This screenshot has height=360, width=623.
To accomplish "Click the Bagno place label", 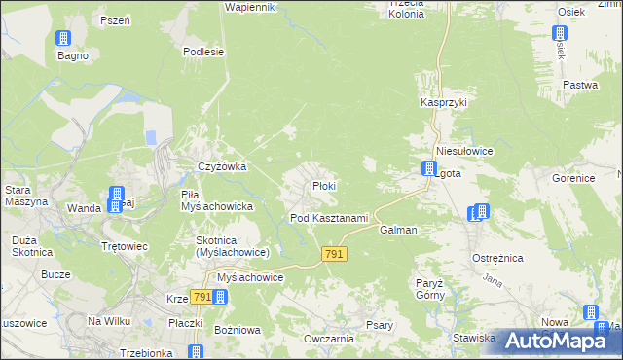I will pyautogui.click(x=72, y=55).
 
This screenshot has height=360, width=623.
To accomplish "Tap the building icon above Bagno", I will pyautogui.click(x=64, y=39).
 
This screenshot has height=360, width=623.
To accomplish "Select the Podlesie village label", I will pyautogui.click(x=204, y=53).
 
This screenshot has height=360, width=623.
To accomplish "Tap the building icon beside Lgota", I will pyautogui.click(x=428, y=169).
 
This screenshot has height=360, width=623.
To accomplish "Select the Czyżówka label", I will pyautogui.click(x=222, y=166).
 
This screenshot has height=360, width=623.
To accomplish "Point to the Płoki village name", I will pyautogui.click(x=324, y=186).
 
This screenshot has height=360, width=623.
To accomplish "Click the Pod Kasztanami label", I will pyautogui.click(x=329, y=218).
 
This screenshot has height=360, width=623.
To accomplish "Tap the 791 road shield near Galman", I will pyautogui.click(x=334, y=254).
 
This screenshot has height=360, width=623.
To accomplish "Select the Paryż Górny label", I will pyautogui.click(x=429, y=288).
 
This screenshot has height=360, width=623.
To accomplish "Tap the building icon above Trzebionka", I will pyautogui.click(x=197, y=351).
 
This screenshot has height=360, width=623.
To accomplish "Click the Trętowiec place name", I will pyautogui.click(x=125, y=246).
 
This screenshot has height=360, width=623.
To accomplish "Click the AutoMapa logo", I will pyautogui.click(x=554, y=341).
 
